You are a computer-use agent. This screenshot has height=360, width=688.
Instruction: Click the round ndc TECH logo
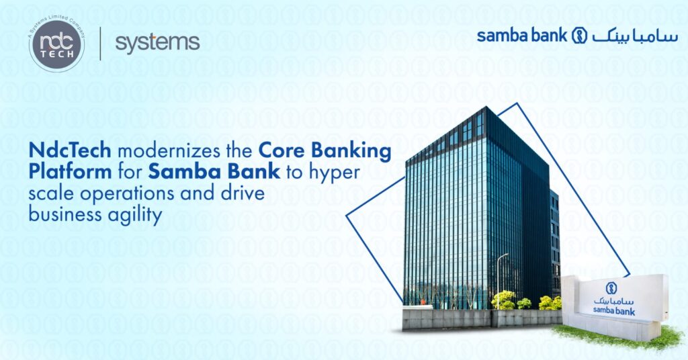click(x=56, y=45)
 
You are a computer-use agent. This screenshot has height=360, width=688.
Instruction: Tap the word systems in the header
click(x=157, y=42)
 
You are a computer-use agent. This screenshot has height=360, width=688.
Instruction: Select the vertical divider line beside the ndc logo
click(x=100, y=44)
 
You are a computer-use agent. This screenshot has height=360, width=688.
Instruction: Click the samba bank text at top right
click(x=522, y=36)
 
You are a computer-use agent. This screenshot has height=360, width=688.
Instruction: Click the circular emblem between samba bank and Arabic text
click(x=579, y=36)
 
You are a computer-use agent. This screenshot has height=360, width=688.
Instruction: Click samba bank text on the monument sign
click(x=613, y=311)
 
